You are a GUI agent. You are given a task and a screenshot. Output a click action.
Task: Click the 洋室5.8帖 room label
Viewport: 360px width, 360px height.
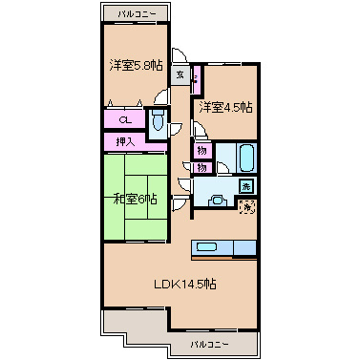[135, 65]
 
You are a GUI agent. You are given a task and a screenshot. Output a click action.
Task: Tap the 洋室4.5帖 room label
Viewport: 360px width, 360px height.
[225, 108]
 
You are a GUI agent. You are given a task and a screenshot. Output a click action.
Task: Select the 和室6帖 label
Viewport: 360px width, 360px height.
[135, 200]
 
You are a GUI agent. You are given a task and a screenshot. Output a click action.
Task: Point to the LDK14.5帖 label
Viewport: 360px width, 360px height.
[184, 284]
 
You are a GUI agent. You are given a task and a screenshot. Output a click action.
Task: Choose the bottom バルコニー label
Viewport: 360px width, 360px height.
[208, 342]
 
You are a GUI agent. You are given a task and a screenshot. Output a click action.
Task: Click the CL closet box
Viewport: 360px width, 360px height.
[124, 119]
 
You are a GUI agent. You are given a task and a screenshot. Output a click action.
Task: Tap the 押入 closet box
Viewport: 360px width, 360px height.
[124, 141]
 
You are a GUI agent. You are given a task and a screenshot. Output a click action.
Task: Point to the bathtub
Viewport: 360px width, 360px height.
[246, 156]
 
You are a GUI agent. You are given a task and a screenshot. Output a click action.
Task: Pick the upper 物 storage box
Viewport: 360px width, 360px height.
[202, 150]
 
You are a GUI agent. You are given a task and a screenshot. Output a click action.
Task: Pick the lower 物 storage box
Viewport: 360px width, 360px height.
[202, 168]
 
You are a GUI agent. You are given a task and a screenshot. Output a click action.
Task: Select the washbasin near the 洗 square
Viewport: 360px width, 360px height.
[218, 201]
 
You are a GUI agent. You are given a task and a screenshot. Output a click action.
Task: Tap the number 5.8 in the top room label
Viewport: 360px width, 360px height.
[143, 65]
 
